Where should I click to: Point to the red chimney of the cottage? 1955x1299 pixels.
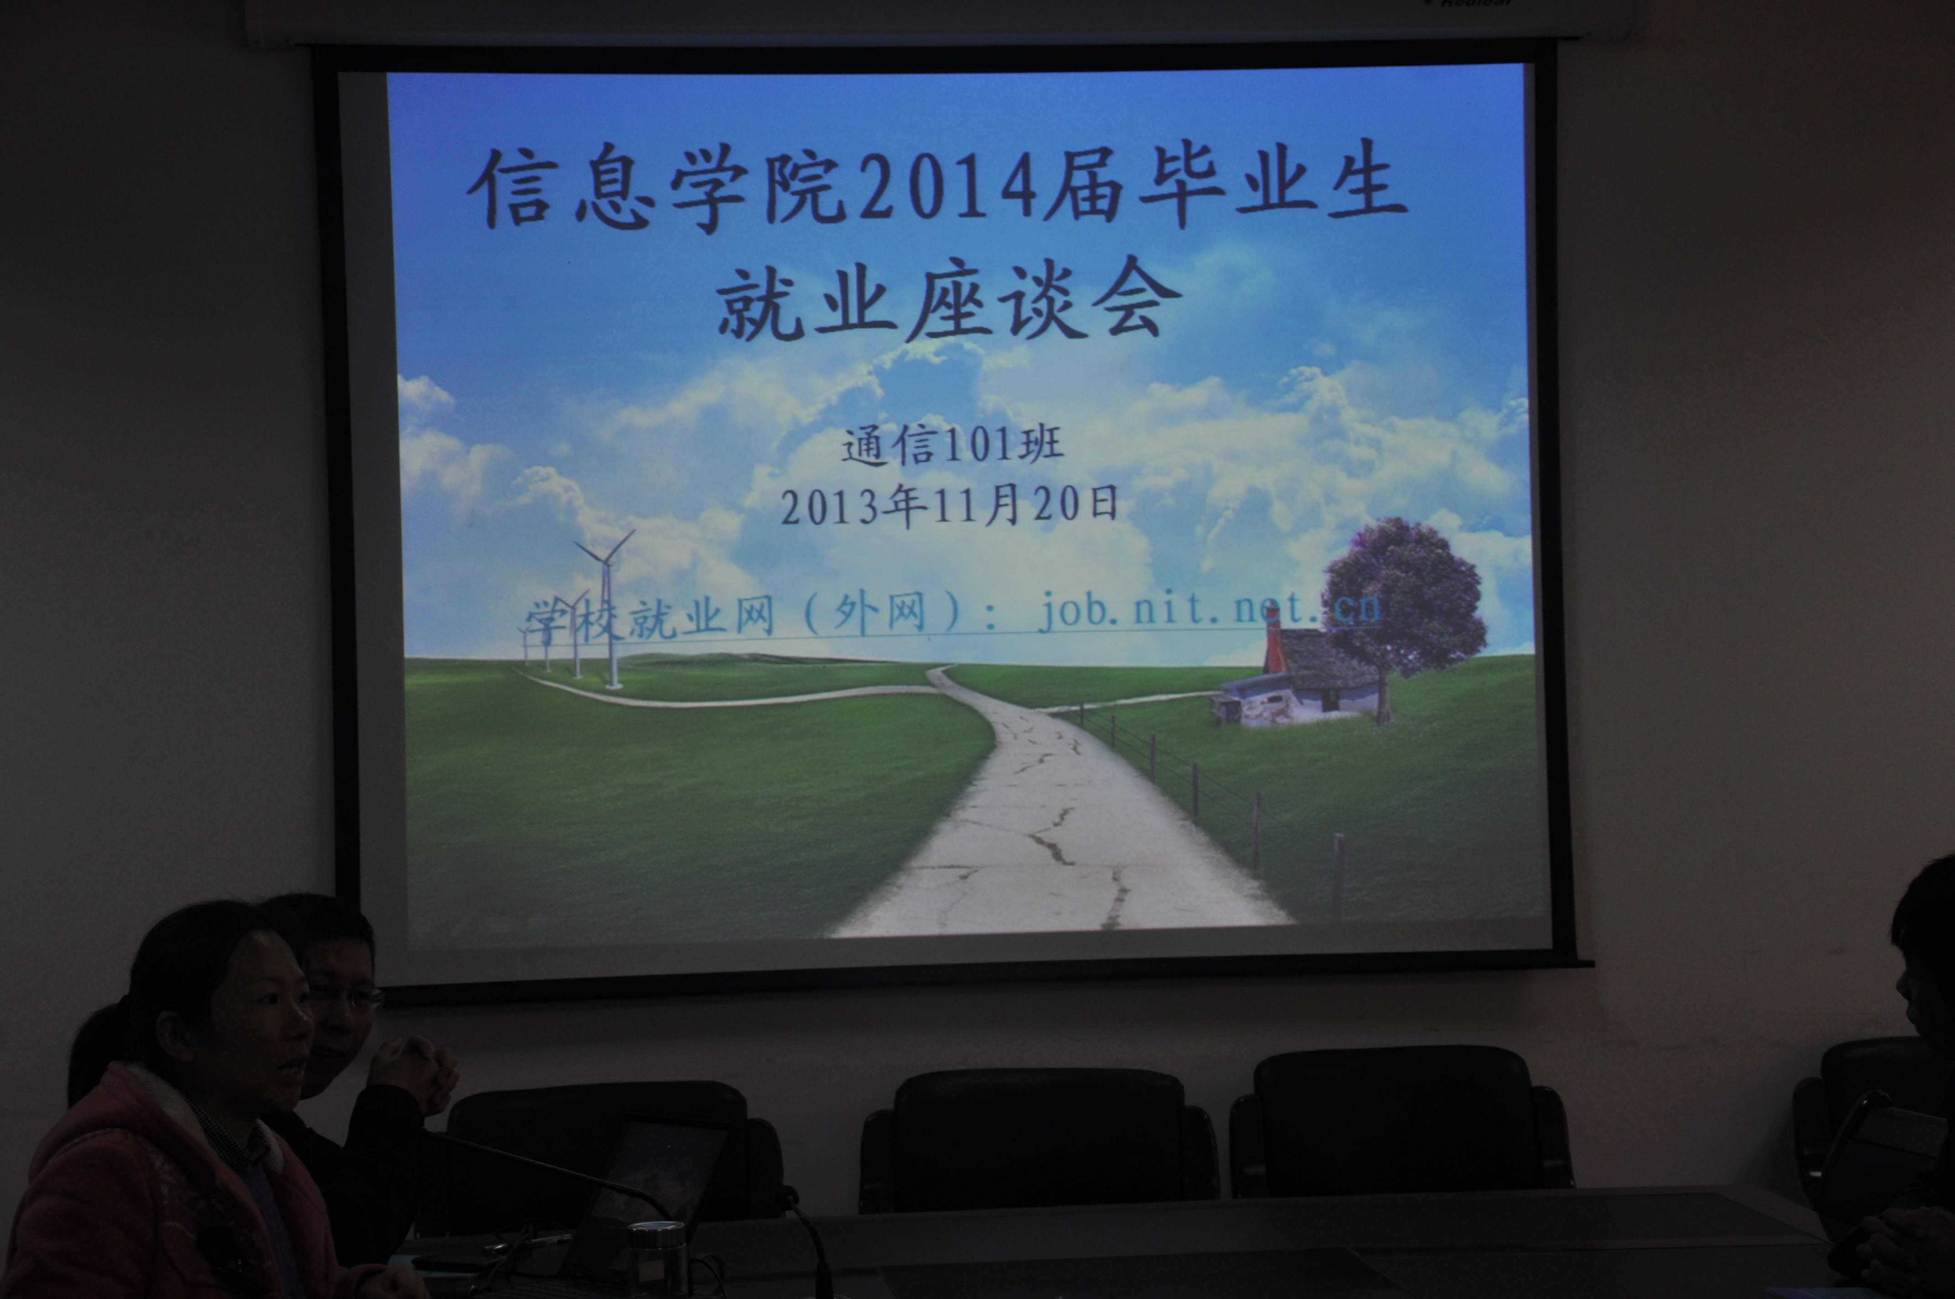1273,644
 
